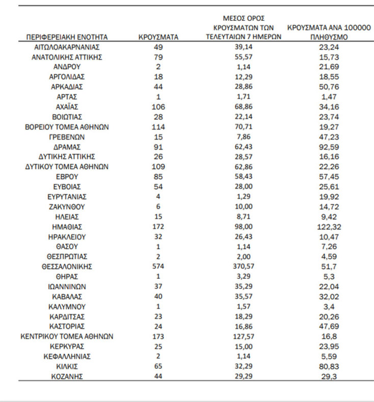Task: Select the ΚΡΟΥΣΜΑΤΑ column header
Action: pos(158,37)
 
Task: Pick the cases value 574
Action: pos(159,266)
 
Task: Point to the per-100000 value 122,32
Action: pos(328,227)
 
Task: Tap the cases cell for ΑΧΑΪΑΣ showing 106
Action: pos(159,107)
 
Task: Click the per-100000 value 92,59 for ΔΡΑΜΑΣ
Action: pos(328,147)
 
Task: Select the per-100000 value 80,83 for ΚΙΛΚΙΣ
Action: pos(328,366)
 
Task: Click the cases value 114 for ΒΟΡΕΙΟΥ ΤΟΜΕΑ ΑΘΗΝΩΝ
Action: pos(159,127)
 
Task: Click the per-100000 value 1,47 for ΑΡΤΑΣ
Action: pos(328,97)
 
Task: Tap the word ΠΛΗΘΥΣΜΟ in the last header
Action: pos(328,38)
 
